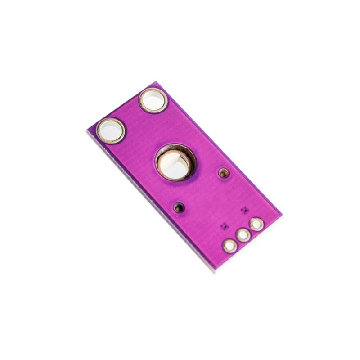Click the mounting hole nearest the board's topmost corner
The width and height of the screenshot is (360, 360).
point(153,100)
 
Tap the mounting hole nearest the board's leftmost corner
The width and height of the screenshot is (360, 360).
point(110,130)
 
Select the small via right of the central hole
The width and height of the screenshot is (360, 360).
point(223,172)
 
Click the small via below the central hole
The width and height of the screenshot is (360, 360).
point(179,207)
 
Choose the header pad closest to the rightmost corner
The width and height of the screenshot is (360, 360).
point(256,224)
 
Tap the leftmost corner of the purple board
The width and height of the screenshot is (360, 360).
point(87,130)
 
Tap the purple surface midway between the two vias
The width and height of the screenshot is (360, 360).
point(201,190)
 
